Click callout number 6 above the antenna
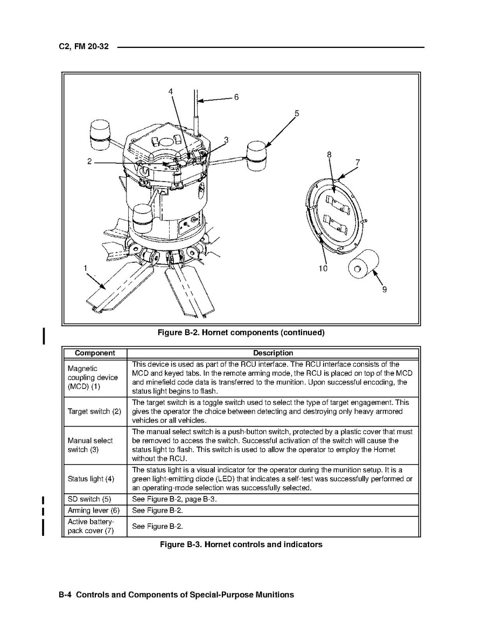pos(236,97)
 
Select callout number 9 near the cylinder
pos(384,289)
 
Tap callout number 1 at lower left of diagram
pos(85,268)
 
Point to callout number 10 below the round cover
pos(323,268)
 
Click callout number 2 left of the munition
pos(89,162)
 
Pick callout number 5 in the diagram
pos(297,113)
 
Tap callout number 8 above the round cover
pos(330,155)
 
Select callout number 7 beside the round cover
pos(357,162)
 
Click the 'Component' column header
pos(95,353)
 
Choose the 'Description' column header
pos(273,353)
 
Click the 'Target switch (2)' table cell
pos(94,412)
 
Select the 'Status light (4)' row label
pos(91,479)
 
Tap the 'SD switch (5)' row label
pos(89,499)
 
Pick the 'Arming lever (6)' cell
pos(94,510)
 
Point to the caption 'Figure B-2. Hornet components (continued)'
pos(241,332)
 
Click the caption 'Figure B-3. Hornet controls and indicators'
pos(241,544)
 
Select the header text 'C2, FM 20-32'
pos(84,47)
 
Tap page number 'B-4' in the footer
pos(66,595)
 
